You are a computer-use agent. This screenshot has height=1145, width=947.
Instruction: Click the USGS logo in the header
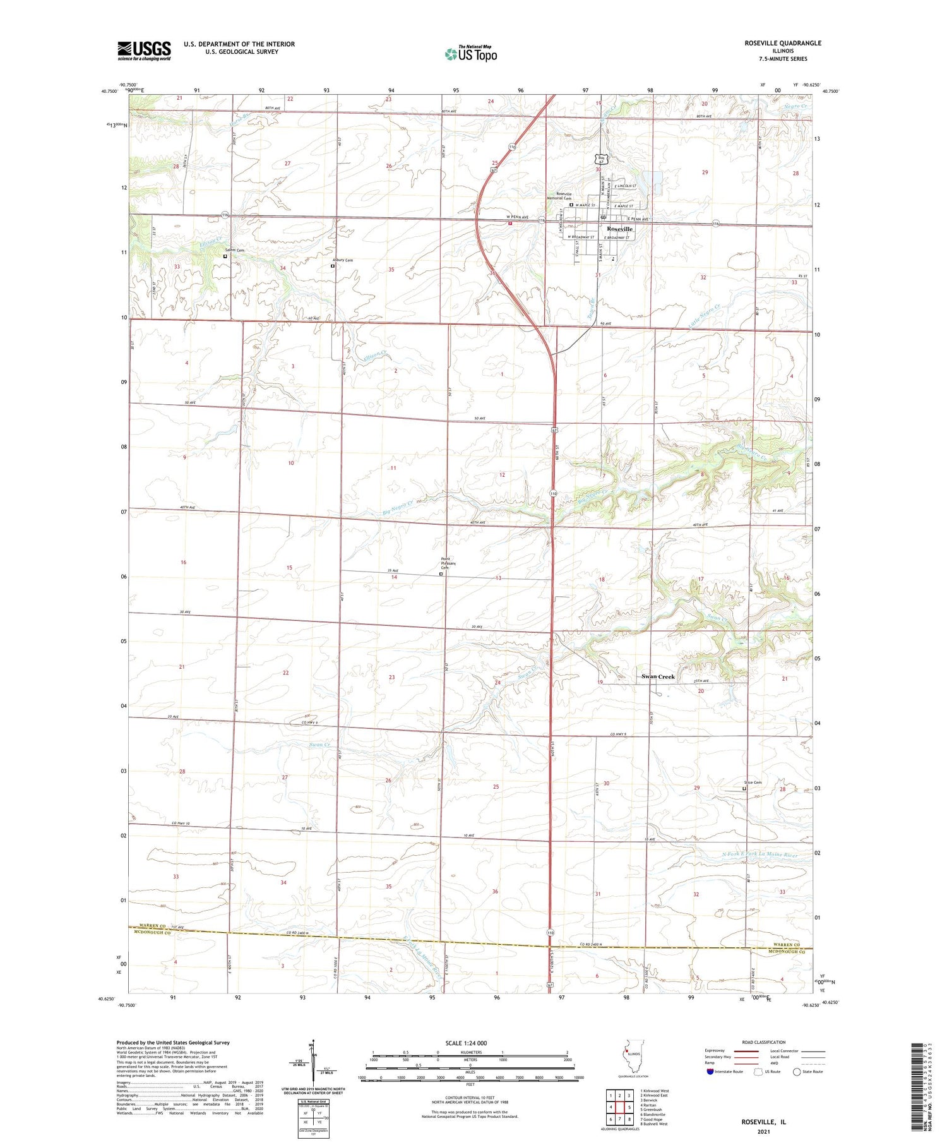[x=144, y=51]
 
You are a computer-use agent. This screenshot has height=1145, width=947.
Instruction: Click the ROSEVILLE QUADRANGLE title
[x=783, y=43]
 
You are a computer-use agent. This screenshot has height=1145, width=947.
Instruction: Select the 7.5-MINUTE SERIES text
[x=783, y=59]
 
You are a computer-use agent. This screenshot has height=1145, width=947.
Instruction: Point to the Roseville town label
[x=619, y=229]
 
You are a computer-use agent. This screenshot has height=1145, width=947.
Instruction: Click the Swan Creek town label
[x=658, y=676]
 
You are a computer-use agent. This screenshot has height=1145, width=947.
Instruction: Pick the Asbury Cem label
[x=343, y=260]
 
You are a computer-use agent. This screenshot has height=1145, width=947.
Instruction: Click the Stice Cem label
[x=753, y=782]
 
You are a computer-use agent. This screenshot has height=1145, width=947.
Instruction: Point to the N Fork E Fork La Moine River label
[x=759, y=855]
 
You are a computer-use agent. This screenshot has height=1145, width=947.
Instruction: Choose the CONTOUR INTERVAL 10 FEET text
[x=470, y=1098]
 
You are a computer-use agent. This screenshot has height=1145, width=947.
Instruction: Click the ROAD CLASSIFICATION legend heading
[x=764, y=1042]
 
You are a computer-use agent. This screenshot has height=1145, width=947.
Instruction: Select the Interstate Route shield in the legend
[x=710, y=1072]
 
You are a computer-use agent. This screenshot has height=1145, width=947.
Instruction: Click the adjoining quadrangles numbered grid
[x=620, y=1106]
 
